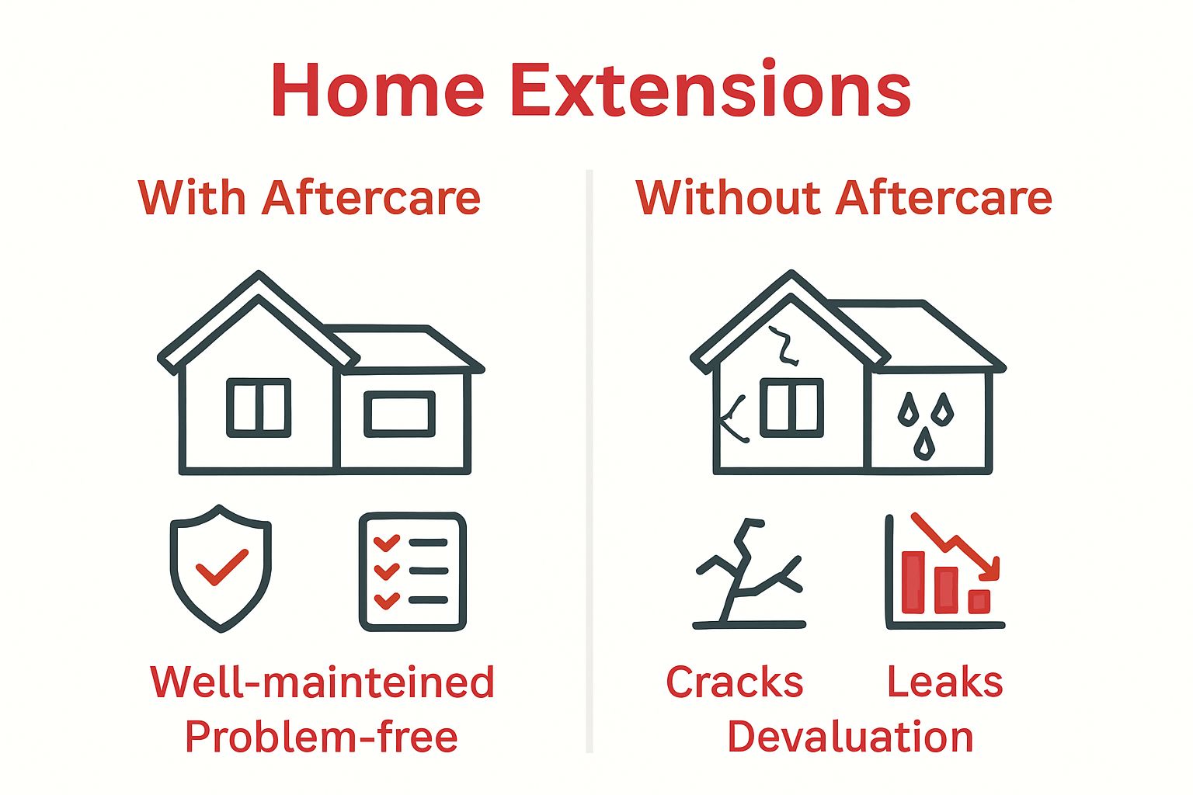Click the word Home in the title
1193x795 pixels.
point(377,90)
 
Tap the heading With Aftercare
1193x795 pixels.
point(309,198)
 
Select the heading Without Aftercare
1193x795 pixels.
point(843,198)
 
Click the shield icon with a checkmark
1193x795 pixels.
point(221,568)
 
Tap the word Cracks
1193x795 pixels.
point(734,682)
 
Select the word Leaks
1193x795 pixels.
point(944,682)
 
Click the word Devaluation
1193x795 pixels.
point(850,737)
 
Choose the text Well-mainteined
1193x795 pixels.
point(322,682)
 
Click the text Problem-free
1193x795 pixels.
point(321,737)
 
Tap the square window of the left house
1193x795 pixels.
point(259,408)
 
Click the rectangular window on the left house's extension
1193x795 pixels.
point(399,413)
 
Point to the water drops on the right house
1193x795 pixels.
point(924,424)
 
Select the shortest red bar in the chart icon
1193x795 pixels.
point(979,601)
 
